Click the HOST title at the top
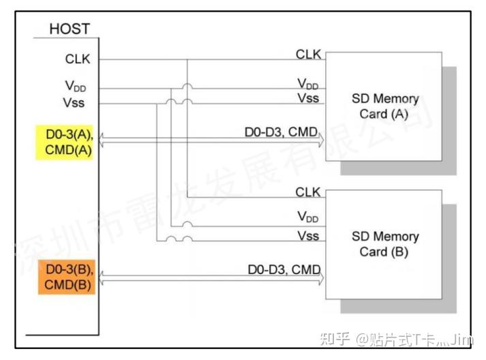coord(70,29)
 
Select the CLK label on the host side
coord(77,59)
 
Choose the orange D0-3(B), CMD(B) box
coord(67,276)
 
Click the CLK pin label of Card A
coord(308,53)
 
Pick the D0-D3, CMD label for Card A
coord(282,131)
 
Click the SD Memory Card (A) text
coord(385,106)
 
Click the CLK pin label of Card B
coord(308,192)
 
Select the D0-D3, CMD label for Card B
coord(284,270)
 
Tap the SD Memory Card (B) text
coord(385,243)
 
